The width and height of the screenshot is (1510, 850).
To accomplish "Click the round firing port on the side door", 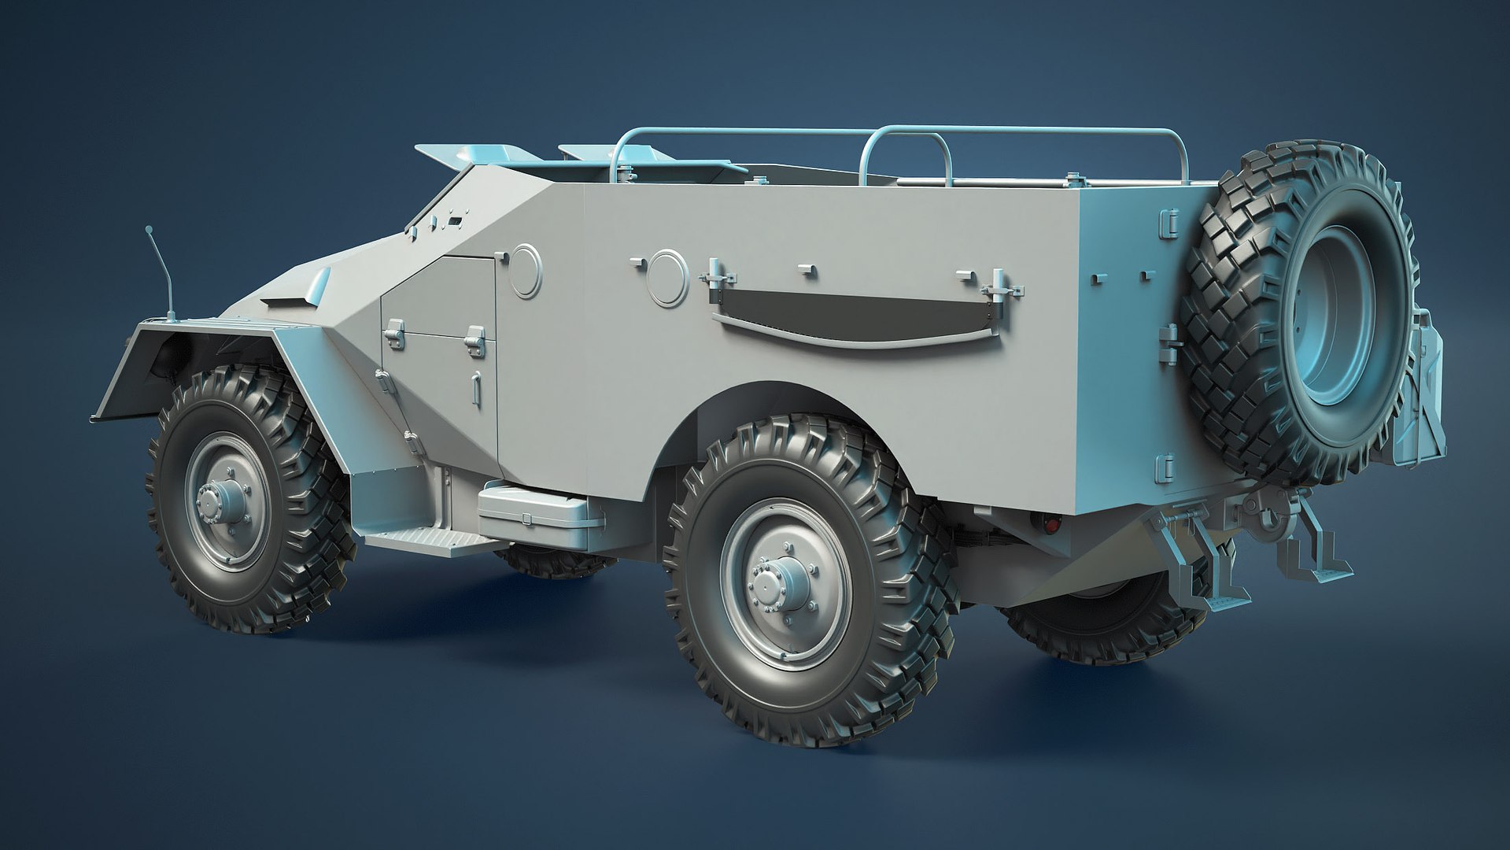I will click(525, 270).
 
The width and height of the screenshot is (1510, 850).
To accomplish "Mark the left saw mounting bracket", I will click(716, 278).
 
